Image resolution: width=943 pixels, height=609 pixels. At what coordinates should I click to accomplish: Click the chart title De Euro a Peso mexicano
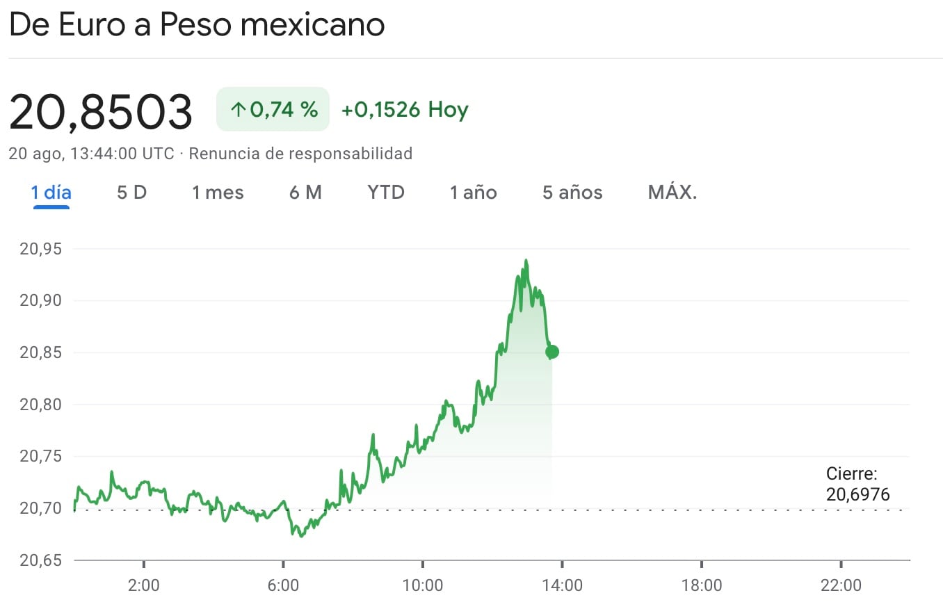197,26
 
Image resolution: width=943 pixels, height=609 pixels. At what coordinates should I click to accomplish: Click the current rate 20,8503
101,111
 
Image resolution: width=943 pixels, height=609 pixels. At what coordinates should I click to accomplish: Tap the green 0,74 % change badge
273,109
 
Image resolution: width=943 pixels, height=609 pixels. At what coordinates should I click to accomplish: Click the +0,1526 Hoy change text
405,110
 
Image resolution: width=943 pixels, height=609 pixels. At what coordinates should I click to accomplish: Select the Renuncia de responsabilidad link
300,153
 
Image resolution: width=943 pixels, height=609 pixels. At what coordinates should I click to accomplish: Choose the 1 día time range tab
51,193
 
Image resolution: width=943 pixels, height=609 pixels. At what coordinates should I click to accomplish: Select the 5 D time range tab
131,193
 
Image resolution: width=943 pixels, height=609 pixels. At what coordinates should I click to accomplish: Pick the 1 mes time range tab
218,193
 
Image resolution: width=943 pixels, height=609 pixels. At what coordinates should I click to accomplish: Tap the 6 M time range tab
305,193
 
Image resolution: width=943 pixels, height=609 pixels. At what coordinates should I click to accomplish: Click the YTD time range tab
386,193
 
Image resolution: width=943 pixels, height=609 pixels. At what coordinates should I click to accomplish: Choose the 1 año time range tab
473,193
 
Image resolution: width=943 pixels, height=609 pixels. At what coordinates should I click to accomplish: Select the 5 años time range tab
572,193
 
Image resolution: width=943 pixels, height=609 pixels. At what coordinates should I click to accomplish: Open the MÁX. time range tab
672,193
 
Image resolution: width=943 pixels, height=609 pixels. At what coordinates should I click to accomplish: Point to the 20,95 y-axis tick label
41,249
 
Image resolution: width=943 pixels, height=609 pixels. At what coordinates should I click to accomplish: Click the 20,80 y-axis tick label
41,405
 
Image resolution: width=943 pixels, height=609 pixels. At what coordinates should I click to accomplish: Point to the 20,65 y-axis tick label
41,560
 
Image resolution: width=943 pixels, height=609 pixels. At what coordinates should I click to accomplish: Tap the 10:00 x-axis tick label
423,585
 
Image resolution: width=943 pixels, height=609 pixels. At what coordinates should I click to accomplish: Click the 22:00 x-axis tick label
841,585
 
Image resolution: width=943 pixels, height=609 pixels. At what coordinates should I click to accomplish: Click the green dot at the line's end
552,352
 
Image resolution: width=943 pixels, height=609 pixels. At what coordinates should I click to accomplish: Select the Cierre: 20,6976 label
857,485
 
